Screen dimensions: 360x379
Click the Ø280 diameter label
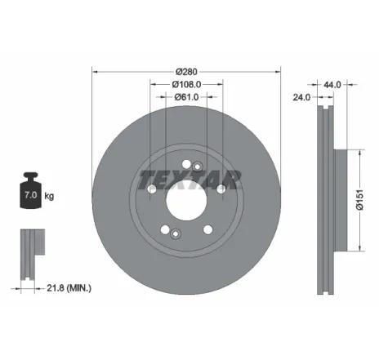(x=186, y=71)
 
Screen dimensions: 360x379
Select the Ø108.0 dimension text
(x=186, y=83)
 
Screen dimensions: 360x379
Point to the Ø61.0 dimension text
(x=186, y=96)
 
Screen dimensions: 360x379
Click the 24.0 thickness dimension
(x=302, y=97)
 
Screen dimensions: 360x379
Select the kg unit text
(x=50, y=197)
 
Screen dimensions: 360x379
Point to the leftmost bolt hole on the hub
(x=152, y=189)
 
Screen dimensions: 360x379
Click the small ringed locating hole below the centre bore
(x=176, y=233)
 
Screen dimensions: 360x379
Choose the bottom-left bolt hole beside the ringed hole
(x=165, y=229)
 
